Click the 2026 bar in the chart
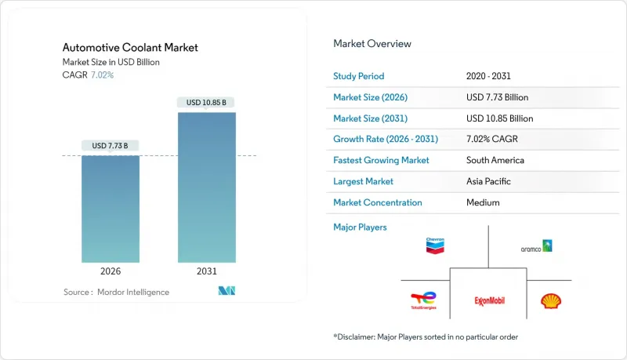point(111,209)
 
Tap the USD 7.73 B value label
point(111,146)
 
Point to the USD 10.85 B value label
point(206,103)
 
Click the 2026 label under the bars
point(111,271)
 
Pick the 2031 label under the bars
point(206,271)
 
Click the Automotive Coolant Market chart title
point(130,48)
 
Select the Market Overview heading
point(372,44)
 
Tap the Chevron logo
point(435,245)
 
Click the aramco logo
point(537,246)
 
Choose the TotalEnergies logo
point(423,301)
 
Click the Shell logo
point(552,300)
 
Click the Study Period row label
point(359,76)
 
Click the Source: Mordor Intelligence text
point(116,292)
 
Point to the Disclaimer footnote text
point(426,336)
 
